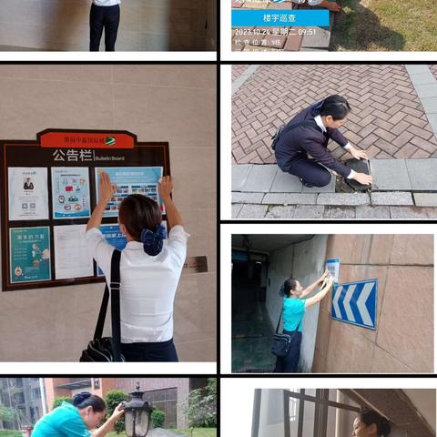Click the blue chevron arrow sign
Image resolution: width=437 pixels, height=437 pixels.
[354, 302]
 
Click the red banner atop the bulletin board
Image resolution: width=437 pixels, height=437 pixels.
[87, 140]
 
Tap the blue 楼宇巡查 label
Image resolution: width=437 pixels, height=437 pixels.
[279, 18]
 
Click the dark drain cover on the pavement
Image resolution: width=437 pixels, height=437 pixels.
[356, 172]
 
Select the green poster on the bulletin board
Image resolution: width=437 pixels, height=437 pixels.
[30, 254]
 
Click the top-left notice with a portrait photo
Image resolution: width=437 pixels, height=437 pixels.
[28, 191]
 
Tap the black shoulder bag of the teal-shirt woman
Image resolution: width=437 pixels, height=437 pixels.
[283, 343]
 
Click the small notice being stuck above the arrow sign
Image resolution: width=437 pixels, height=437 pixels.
[332, 269]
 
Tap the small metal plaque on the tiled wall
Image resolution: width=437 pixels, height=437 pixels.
[196, 264]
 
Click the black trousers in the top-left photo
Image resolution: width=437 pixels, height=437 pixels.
[104, 27]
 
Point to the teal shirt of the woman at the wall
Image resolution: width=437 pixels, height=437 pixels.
[293, 312]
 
